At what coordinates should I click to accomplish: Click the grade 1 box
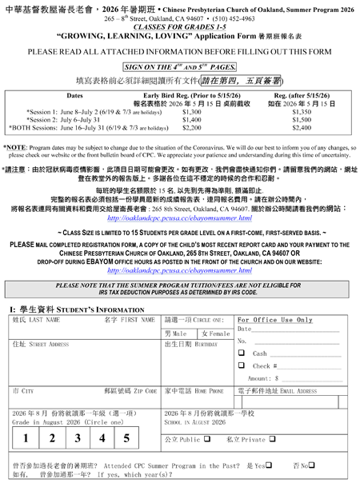[26, 438]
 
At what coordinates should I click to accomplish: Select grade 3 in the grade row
[77, 438]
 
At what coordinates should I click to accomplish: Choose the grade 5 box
[126, 438]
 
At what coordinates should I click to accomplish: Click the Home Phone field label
[193, 392]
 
